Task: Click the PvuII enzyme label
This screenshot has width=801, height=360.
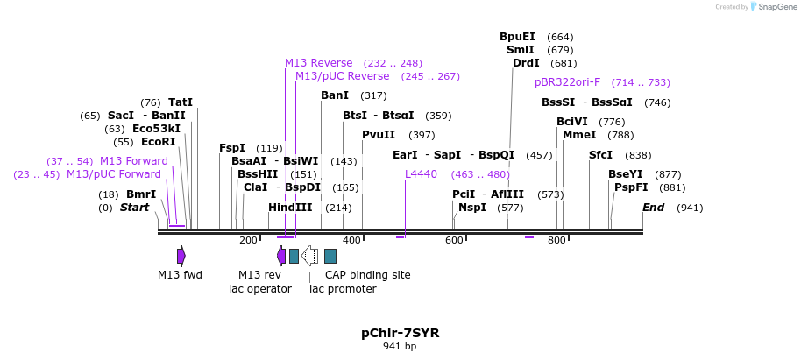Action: [x=379, y=135]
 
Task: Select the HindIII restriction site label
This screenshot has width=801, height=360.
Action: [x=290, y=208]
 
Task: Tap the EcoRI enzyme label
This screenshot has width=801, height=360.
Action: [x=158, y=141]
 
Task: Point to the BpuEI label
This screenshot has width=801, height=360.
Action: [x=517, y=37]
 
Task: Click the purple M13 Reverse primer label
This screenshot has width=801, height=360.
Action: [x=318, y=63]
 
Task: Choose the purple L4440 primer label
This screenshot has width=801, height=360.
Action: [x=421, y=174]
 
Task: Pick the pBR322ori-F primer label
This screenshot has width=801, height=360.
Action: [x=567, y=82]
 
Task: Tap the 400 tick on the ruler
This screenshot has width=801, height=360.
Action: [x=351, y=240]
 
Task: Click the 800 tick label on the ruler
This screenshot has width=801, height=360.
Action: [x=556, y=240]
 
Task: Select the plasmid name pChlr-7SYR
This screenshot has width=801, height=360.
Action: [x=400, y=333]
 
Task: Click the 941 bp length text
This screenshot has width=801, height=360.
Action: [x=400, y=347]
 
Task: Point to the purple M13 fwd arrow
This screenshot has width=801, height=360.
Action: [x=181, y=256]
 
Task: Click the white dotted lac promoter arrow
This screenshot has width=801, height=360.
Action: [x=309, y=256]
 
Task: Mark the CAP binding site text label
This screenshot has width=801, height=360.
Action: [x=367, y=275]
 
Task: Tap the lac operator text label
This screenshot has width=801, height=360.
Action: [x=260, y=289]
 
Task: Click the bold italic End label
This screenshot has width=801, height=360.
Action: [x=653, y=208]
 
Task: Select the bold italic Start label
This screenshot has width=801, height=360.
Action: [x=134, y=208]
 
